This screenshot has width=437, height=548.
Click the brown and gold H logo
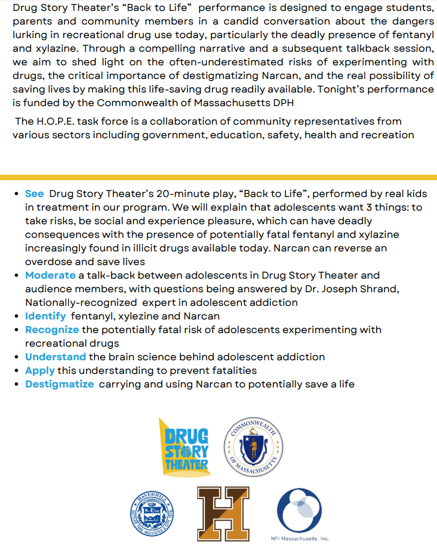(x=223, y=514)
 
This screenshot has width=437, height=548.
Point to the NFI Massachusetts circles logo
(x=299, y=510)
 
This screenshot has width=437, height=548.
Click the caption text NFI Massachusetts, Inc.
(x=299, y=539)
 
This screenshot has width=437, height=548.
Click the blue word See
(x=34, y=194)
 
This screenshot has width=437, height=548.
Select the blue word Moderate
(x=50, y=275)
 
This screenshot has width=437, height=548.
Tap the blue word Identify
(x=46, y=316)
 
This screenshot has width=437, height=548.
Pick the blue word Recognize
(x=52, y=330)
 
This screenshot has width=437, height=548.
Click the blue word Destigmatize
(x=59, y=384)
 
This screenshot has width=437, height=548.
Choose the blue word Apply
(x=40, y=371)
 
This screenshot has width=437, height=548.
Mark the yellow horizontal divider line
(x=218, y=177)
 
